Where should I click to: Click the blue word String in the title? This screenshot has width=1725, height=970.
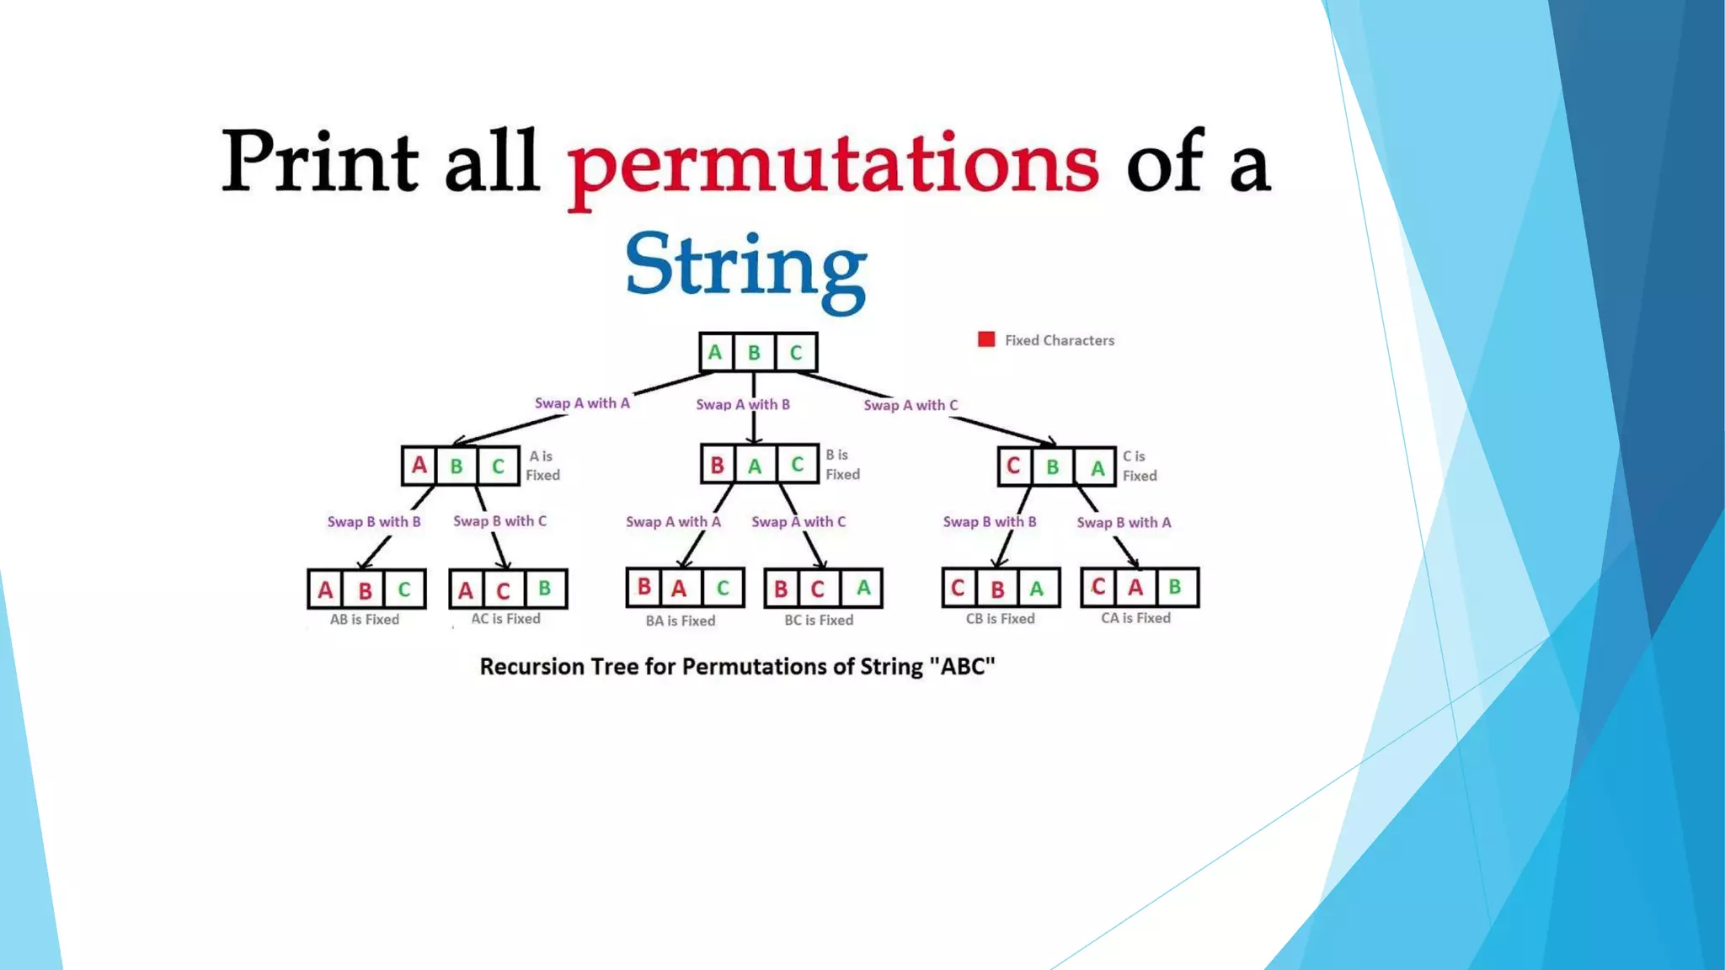click(745, 265)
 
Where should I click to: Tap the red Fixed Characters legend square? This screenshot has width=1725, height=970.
click(986, 339)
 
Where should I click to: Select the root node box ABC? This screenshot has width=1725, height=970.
click(757, 352)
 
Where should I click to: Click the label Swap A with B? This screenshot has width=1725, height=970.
click(743, 405)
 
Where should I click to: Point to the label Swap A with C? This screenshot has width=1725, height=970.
click(911, 406)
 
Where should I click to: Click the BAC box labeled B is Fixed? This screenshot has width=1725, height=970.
click(759, 464)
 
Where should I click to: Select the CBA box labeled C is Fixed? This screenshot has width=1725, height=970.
click(1056, 466)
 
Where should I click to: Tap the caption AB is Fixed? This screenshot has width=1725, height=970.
click(365, 620)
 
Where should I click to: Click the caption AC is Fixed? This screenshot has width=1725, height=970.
click(505, 619)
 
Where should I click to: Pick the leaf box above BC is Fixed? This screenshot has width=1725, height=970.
click(823, 588)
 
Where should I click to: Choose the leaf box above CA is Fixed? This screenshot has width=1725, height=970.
click(1140, 587)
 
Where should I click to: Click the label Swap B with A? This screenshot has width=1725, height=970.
click(1124, 523)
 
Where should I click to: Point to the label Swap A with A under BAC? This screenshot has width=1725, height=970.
click(673, 522)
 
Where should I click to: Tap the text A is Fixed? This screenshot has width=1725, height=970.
click(542, 466)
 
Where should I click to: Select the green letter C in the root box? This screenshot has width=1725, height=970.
click(795, 353)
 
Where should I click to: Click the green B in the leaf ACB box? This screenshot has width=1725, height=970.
click(545, 588)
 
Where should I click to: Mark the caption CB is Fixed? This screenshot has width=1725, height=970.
click(1000, 619)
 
